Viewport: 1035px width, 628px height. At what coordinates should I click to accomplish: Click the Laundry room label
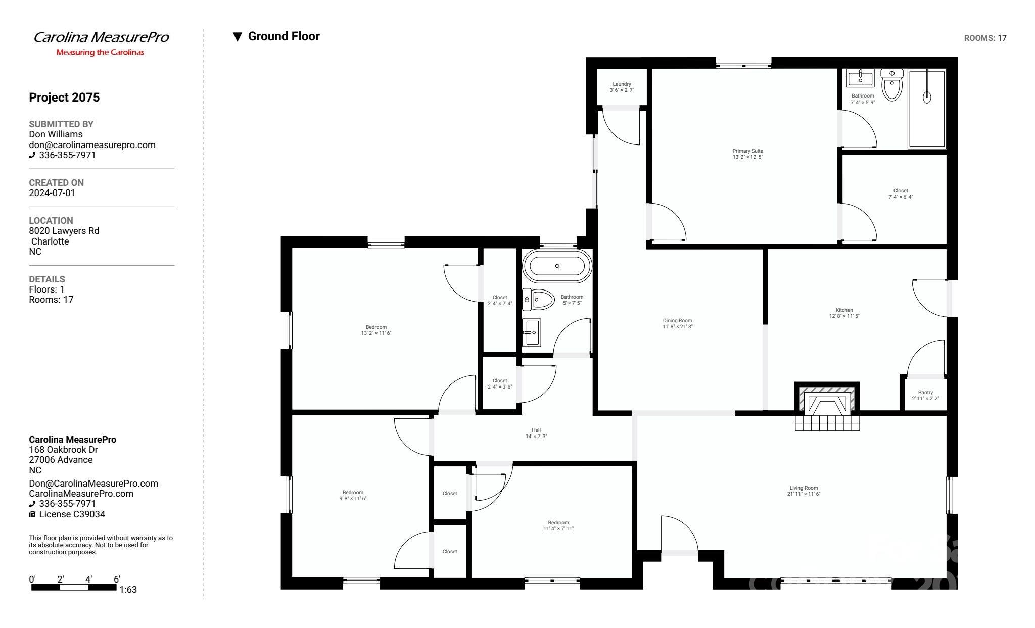point(622,84)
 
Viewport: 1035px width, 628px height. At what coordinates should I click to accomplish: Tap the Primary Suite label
point(747,151)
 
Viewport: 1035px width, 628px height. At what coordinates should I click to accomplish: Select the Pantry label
point(925,393)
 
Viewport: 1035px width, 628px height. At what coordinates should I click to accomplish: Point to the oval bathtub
point(557,266)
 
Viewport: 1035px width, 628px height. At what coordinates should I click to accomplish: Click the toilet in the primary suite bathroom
point(892,86)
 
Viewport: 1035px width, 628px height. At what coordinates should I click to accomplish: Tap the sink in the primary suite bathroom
point(860,78)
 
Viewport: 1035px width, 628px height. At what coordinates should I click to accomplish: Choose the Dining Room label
point(677,321)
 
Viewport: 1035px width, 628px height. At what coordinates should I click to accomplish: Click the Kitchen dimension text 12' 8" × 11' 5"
point(844,316)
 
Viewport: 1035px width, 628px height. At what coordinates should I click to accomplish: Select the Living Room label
point(804,488)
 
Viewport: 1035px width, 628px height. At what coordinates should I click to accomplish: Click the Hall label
point(536,430)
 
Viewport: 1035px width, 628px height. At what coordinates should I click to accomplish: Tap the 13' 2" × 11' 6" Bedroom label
point(376,327)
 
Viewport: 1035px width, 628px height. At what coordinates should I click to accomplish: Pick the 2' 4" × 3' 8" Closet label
point(499,381)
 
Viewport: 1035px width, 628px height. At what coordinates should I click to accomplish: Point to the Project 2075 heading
point(64,98)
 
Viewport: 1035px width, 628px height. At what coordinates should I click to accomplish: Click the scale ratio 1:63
point(128,590)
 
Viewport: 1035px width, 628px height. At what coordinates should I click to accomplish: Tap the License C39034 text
point(72,514)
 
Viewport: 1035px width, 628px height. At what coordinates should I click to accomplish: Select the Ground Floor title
point(284,36)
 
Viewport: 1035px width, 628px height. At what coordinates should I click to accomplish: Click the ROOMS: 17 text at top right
point(985,38)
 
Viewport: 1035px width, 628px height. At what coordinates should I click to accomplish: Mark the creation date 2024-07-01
point(52,193)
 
